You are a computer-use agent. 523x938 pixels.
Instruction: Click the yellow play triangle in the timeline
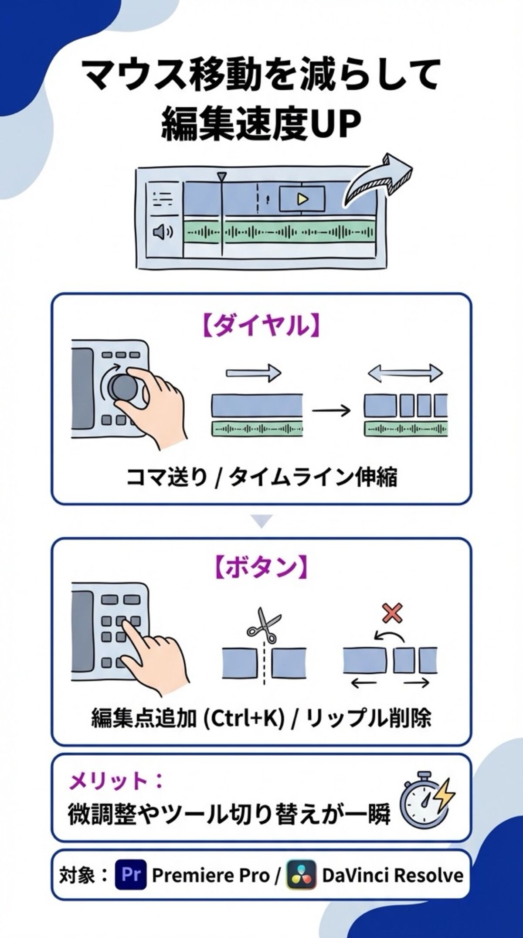pos(302,199)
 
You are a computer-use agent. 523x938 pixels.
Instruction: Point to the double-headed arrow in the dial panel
pos(405,373)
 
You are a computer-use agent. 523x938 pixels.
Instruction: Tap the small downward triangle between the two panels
pos(261,522)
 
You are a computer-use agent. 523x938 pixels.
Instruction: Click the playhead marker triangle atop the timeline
pos(222,177)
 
